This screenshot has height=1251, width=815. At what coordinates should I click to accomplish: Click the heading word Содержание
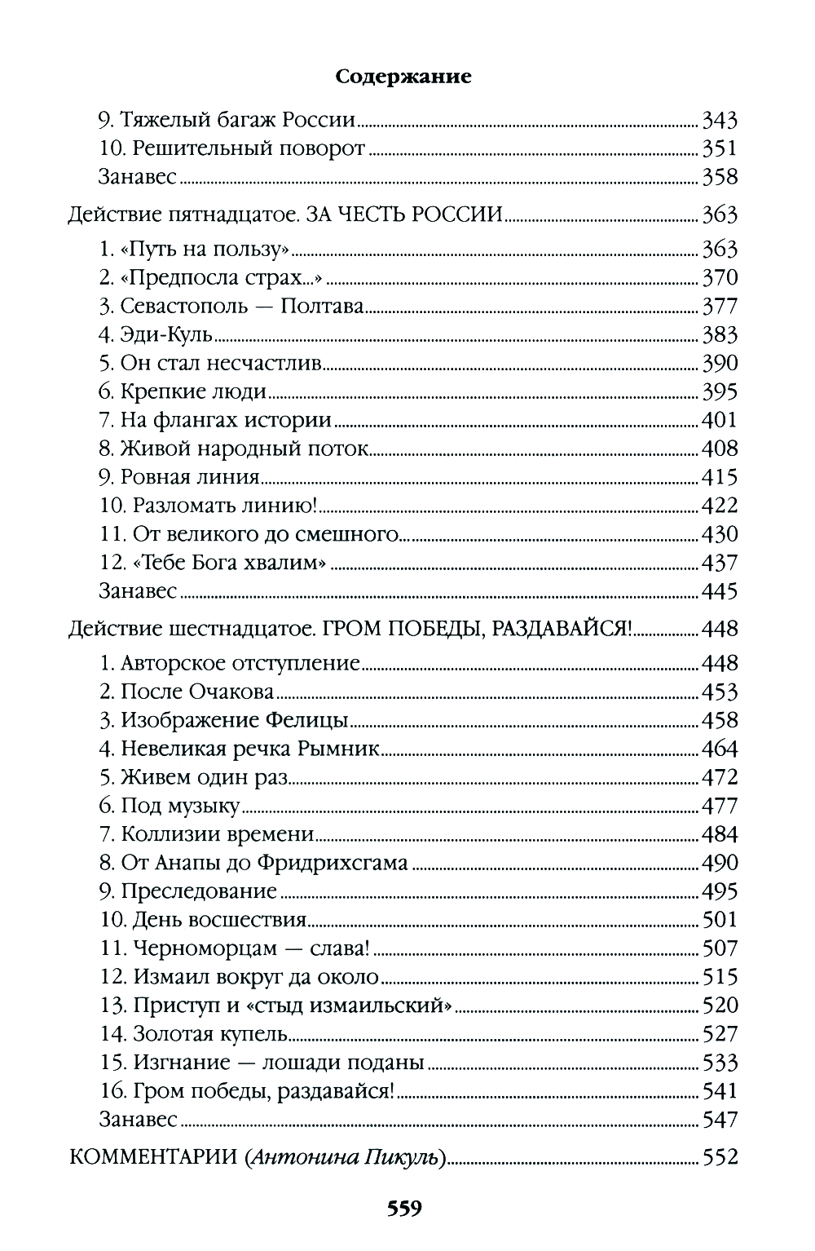tap(403, 77)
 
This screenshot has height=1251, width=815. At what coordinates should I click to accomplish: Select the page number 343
tap(720, 121)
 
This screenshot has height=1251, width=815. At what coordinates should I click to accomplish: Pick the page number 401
tap(720, 420)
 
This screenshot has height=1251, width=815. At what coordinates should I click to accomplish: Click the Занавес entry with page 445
tap(137, 591)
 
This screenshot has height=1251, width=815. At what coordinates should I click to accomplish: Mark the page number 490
tap(720, 863)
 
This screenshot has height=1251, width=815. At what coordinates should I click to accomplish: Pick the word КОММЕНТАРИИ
tap(152, 1157)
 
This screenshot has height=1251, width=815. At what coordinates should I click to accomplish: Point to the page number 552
tap(720, 1157)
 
